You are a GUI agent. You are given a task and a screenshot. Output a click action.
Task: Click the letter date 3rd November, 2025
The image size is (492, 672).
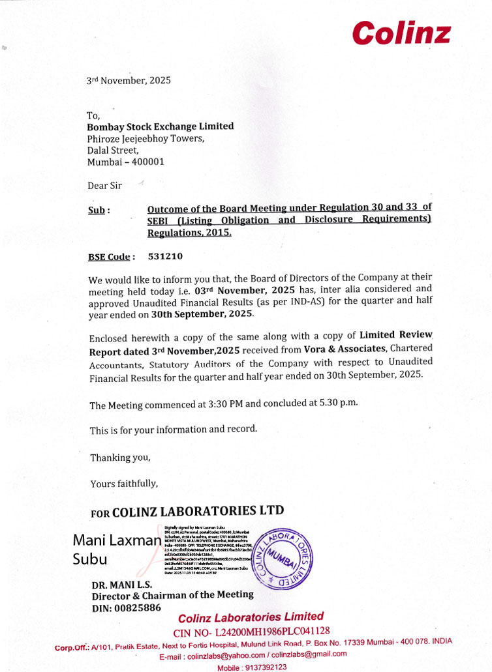tap(129, 81)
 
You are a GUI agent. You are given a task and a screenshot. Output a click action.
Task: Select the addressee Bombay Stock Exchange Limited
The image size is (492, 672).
tap(161, 126)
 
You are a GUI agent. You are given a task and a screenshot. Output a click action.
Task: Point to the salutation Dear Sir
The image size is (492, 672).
tap(104, 186)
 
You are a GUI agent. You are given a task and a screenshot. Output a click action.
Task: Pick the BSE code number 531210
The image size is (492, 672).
tap(165, 256)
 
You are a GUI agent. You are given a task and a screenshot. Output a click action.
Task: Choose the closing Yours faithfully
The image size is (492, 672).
tap(124, 483)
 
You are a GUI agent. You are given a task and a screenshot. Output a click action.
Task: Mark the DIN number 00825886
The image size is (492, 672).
tap(138, 608)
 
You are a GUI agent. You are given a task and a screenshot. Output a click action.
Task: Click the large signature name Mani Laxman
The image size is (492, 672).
tap(117, 540)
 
